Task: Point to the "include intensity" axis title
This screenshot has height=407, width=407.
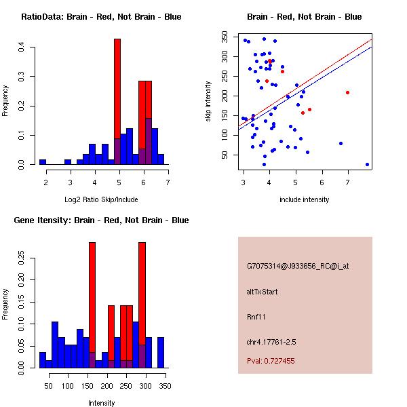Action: tap(304, 199)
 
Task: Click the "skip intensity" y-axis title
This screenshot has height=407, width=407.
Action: tap(210, 102)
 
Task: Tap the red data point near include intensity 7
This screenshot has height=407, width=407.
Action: tap(347, 92)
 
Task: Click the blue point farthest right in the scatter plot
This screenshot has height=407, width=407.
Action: tap(367, 164)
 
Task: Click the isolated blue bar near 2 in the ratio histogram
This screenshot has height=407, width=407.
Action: tap(43, 162)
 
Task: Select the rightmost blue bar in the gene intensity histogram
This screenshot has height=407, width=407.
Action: tap(161, 353)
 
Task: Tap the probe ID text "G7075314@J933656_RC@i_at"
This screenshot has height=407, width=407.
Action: tap(298, 267)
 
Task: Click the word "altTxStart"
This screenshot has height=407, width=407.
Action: tap(263, 292)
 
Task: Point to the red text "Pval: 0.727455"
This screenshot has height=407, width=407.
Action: tap(271, 362)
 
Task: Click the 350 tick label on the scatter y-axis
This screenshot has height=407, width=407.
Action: tap(230, 41)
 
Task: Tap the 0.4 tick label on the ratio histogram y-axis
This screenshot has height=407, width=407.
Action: tap(21, 47)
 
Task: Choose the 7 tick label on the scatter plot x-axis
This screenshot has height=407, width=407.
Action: tap(348, 182)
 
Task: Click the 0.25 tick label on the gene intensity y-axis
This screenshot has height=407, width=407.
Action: tap(21, 257)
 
